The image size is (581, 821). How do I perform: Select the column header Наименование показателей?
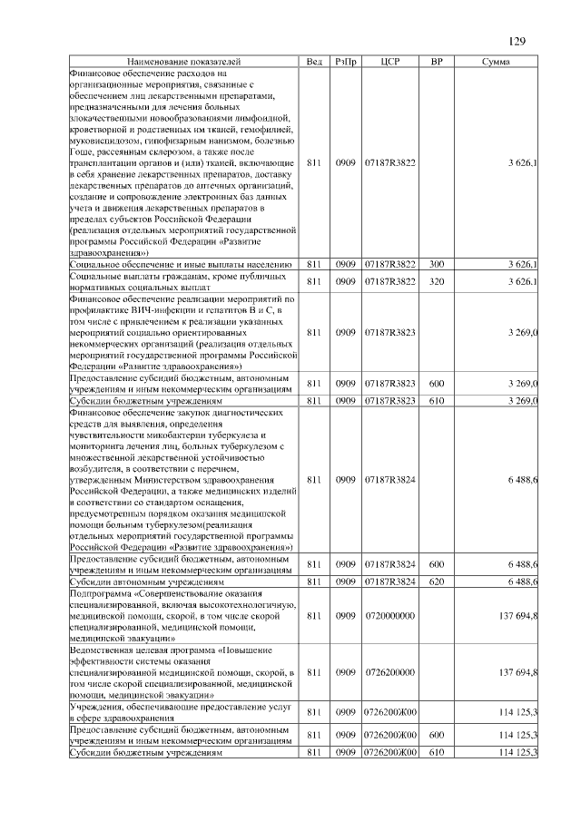[185, 61]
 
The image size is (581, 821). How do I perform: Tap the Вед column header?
[314, 61]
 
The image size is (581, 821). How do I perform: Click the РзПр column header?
[345, 61]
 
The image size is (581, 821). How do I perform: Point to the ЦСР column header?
[390, 61]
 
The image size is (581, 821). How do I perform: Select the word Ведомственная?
[103, 650]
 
